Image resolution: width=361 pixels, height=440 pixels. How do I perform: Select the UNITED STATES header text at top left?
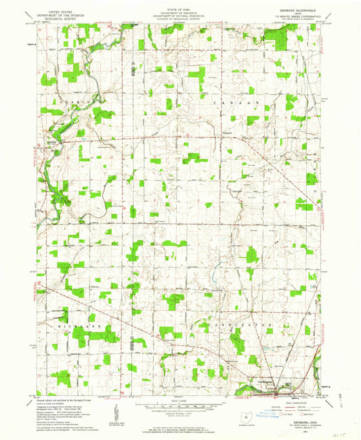[56, 11]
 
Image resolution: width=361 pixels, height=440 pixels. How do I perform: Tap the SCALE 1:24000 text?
[180, 400]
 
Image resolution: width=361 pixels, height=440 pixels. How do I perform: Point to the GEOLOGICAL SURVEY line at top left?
[56, 18]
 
